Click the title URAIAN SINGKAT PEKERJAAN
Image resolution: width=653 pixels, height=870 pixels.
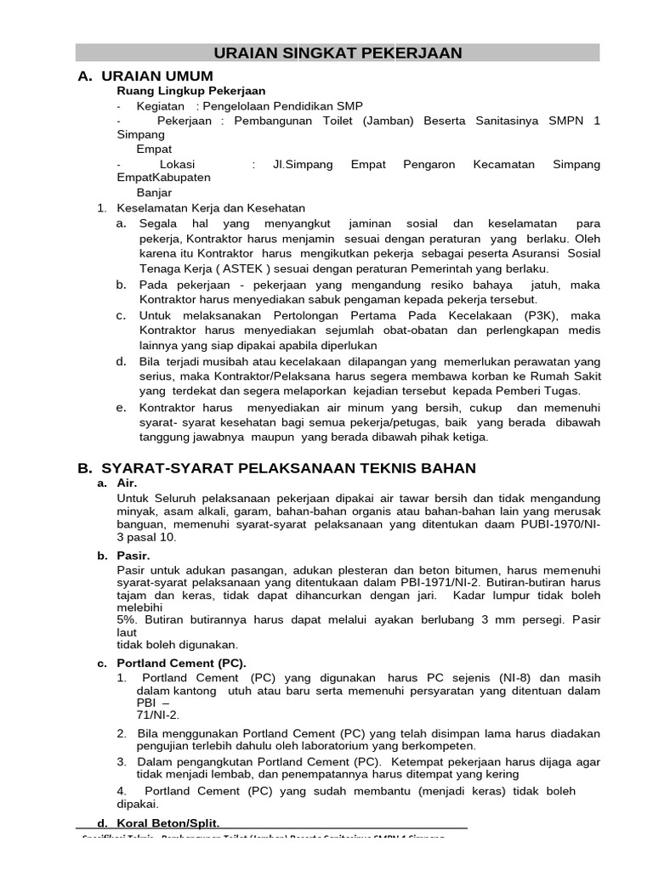337,53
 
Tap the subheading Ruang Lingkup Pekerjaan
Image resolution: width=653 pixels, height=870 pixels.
190,91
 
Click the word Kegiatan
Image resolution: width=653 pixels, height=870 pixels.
161,105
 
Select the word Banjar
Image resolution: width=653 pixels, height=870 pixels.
154,193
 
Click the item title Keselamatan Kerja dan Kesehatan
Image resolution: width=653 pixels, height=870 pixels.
210,207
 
